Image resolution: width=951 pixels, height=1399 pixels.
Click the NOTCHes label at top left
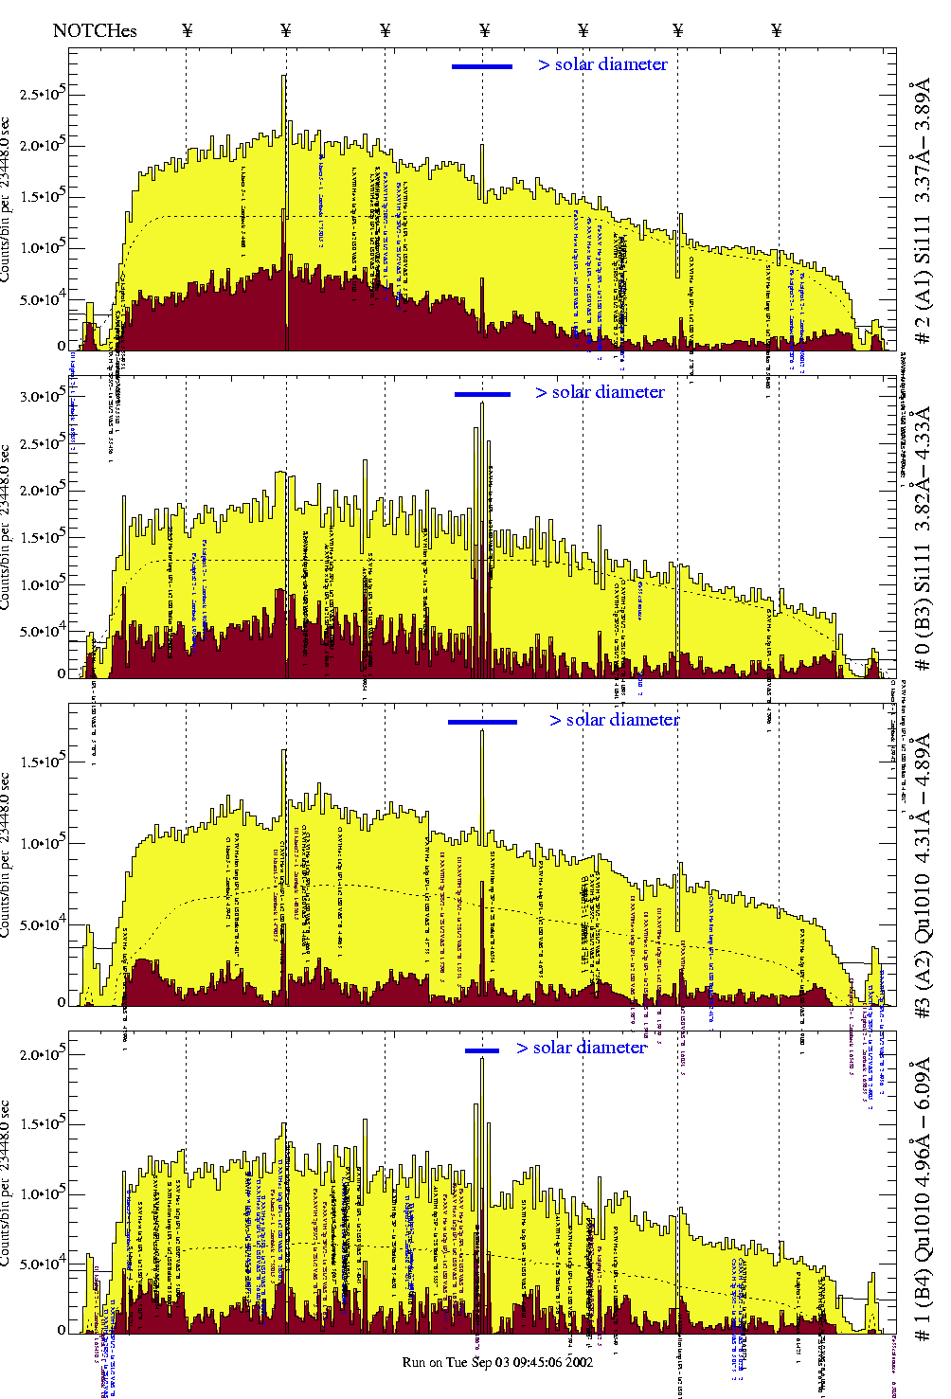pos(95,30)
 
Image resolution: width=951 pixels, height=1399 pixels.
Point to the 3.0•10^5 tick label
pos(39,397)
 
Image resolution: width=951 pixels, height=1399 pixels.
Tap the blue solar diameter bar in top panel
pos(482,66)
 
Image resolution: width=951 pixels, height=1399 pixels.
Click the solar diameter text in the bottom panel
pos(582,1048)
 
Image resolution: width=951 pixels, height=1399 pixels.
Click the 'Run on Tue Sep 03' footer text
pos(497,1362)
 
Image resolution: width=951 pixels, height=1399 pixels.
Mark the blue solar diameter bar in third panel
pos(482,722)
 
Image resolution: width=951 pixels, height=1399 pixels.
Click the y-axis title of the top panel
pos(7,199)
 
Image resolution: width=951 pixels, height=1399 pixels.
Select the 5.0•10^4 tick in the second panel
pos(39,632)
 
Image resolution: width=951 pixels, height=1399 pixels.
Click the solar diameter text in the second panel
pos(600,392)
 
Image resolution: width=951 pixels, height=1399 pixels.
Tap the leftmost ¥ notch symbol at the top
pos(187,30)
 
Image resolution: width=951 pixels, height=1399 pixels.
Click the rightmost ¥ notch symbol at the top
pos(777,30)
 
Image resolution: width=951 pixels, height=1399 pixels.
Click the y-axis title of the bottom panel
pos(7,1184)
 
